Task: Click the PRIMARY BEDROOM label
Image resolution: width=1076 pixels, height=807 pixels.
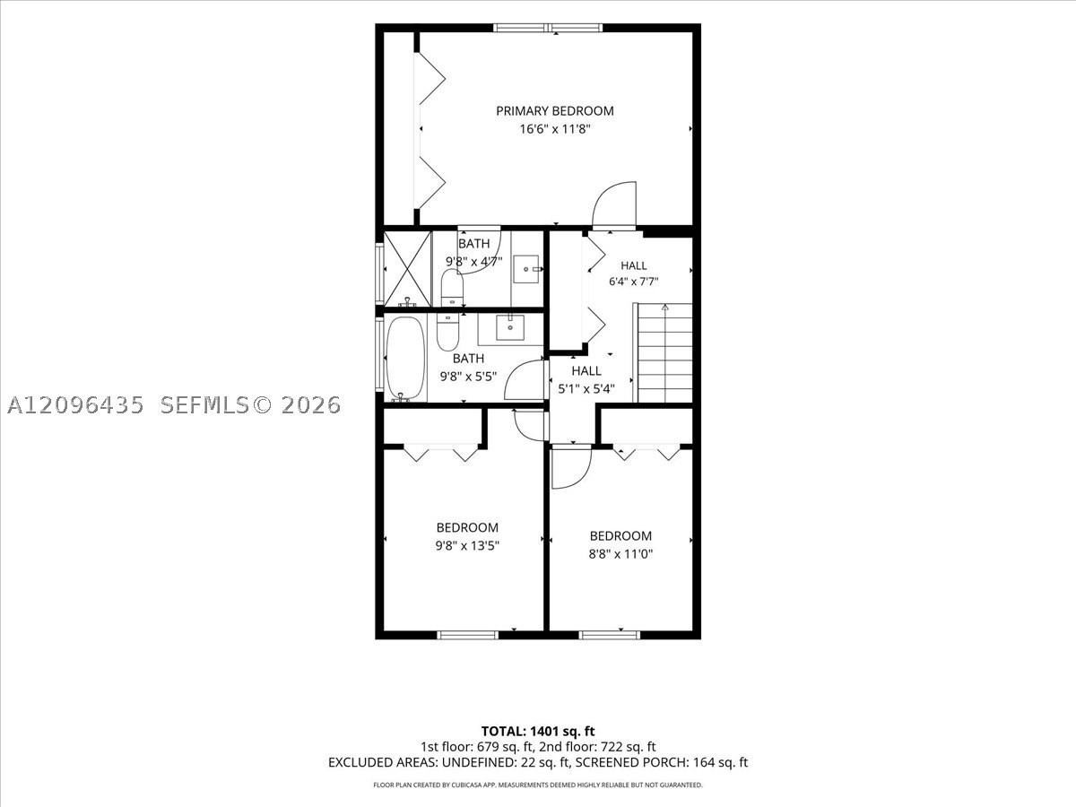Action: tap(554, 110)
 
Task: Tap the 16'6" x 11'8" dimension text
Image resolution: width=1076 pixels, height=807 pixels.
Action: tap(554, 129)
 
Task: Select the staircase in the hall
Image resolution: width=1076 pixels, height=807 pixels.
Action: tap(664, 352)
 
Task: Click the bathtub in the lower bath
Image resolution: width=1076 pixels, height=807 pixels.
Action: tap(405, 358)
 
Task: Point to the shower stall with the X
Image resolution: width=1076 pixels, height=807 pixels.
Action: tap(407, 269)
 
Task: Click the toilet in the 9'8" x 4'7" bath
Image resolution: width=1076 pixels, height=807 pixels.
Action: tap(452, 288)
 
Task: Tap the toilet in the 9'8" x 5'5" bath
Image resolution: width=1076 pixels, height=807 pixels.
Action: tap(447, 332)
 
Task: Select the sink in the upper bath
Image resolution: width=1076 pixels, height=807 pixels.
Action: tap(526, 269)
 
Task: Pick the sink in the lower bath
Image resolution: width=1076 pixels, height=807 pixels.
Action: tap(510, 327)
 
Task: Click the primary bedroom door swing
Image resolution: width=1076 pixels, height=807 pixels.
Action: tap(613, 204)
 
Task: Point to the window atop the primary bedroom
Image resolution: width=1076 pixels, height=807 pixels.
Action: tap(549, 28)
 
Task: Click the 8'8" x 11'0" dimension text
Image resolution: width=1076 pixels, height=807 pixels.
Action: tap(620, 554)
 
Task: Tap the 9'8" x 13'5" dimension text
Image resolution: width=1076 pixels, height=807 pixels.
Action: tap(467, 546)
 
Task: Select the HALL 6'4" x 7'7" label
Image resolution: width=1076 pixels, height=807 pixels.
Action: tap(633, 273)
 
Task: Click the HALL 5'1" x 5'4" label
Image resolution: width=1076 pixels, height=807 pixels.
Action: tap(586, 379)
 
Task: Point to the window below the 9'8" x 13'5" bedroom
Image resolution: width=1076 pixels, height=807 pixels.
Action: tap(468, 635)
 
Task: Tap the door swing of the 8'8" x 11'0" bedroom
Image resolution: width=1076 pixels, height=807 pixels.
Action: tap(571, 469)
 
